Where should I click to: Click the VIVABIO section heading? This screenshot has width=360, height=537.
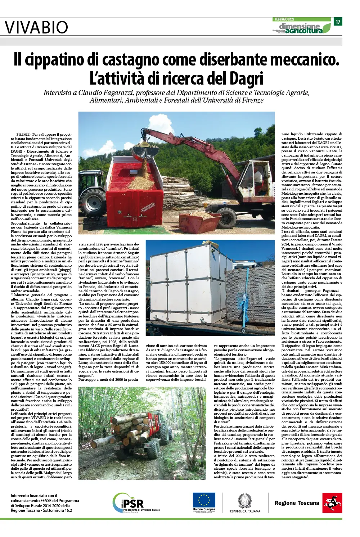(36, 27)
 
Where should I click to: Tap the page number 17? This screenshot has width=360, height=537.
(338, 22)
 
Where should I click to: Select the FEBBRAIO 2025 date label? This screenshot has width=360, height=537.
(284, 19)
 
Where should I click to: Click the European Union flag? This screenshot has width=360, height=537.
(204, 500)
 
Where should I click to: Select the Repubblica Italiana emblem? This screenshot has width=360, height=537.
(245, 501)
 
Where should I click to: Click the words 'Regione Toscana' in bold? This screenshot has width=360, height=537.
(297, 503)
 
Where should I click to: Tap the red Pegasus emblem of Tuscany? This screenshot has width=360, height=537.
(332, 503)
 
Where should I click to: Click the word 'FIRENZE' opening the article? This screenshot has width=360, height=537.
(23, 135)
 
